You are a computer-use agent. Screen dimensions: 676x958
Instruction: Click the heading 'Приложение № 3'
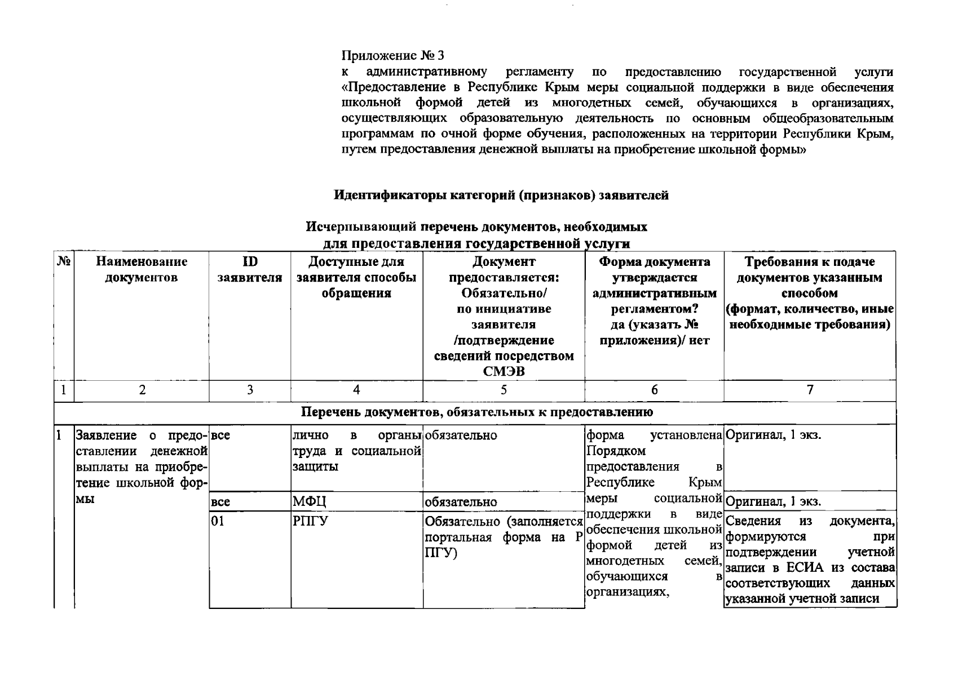tap(393, 55)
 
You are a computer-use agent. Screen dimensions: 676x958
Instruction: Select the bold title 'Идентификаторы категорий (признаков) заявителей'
tap(501, 195)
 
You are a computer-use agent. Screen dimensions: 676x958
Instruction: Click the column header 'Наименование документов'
tap(142, 269)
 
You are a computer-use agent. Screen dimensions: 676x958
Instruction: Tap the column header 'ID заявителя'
tap(250, 269)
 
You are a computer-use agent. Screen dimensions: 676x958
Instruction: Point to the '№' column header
tap(64, 262)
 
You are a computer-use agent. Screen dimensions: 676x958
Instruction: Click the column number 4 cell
tap(356, 390)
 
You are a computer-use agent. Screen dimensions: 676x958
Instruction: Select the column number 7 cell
tap(810, 390)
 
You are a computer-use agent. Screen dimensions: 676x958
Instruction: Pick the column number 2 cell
tap(142, 390)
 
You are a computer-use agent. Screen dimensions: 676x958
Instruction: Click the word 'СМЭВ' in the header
tap(504, 372)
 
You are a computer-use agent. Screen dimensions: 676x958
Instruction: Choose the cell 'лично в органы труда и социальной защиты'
tap(356, 451)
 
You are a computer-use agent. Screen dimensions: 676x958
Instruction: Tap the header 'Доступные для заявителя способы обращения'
tap(356, 277)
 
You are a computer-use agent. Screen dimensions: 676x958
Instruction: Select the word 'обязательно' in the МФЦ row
tap(460, 501)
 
